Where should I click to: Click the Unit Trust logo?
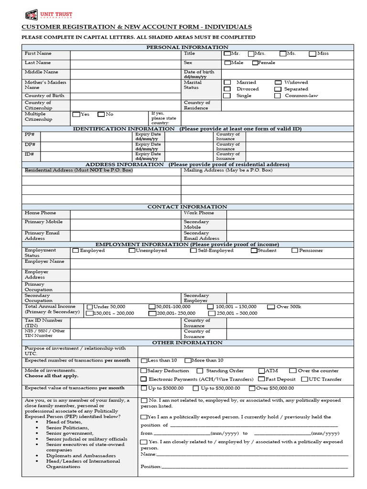pyautogui.click(x=45, y=15)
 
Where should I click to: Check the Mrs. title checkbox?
pyautogui.click(x=251, y=54)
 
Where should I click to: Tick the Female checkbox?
pyautogui.click(x=255, y=63)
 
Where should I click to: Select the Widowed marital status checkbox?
pyautogui.click(x=278, y=83)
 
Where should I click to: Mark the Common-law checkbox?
pyautogui.click(x=278, y=96)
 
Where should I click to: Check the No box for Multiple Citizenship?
pyautogui.click(x=101, y=115)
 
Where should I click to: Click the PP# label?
pyautogui.click(x=30, y=135)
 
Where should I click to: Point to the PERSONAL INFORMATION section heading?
pyautogui.click(x=187, y=47)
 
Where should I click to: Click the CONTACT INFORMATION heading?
pyautogui.click(x=187, y=207)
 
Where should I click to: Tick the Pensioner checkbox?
pyautogui.click(x=294, y=251)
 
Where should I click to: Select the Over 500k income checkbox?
pyautogui.click(x=271, y=307)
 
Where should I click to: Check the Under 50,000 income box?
pyautogui.click(x=89, y=307)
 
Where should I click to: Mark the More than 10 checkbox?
pyautogui.click(x=187, y=361)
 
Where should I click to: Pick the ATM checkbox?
pyautogui.click(x=262, y=371)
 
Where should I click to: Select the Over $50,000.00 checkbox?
pyautogui.click(x=252, y=389)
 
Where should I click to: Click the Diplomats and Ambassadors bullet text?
pyautogui.click(x=81, y=456)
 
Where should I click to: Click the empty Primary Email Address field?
pyautogui.click(x=125, y=235)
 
